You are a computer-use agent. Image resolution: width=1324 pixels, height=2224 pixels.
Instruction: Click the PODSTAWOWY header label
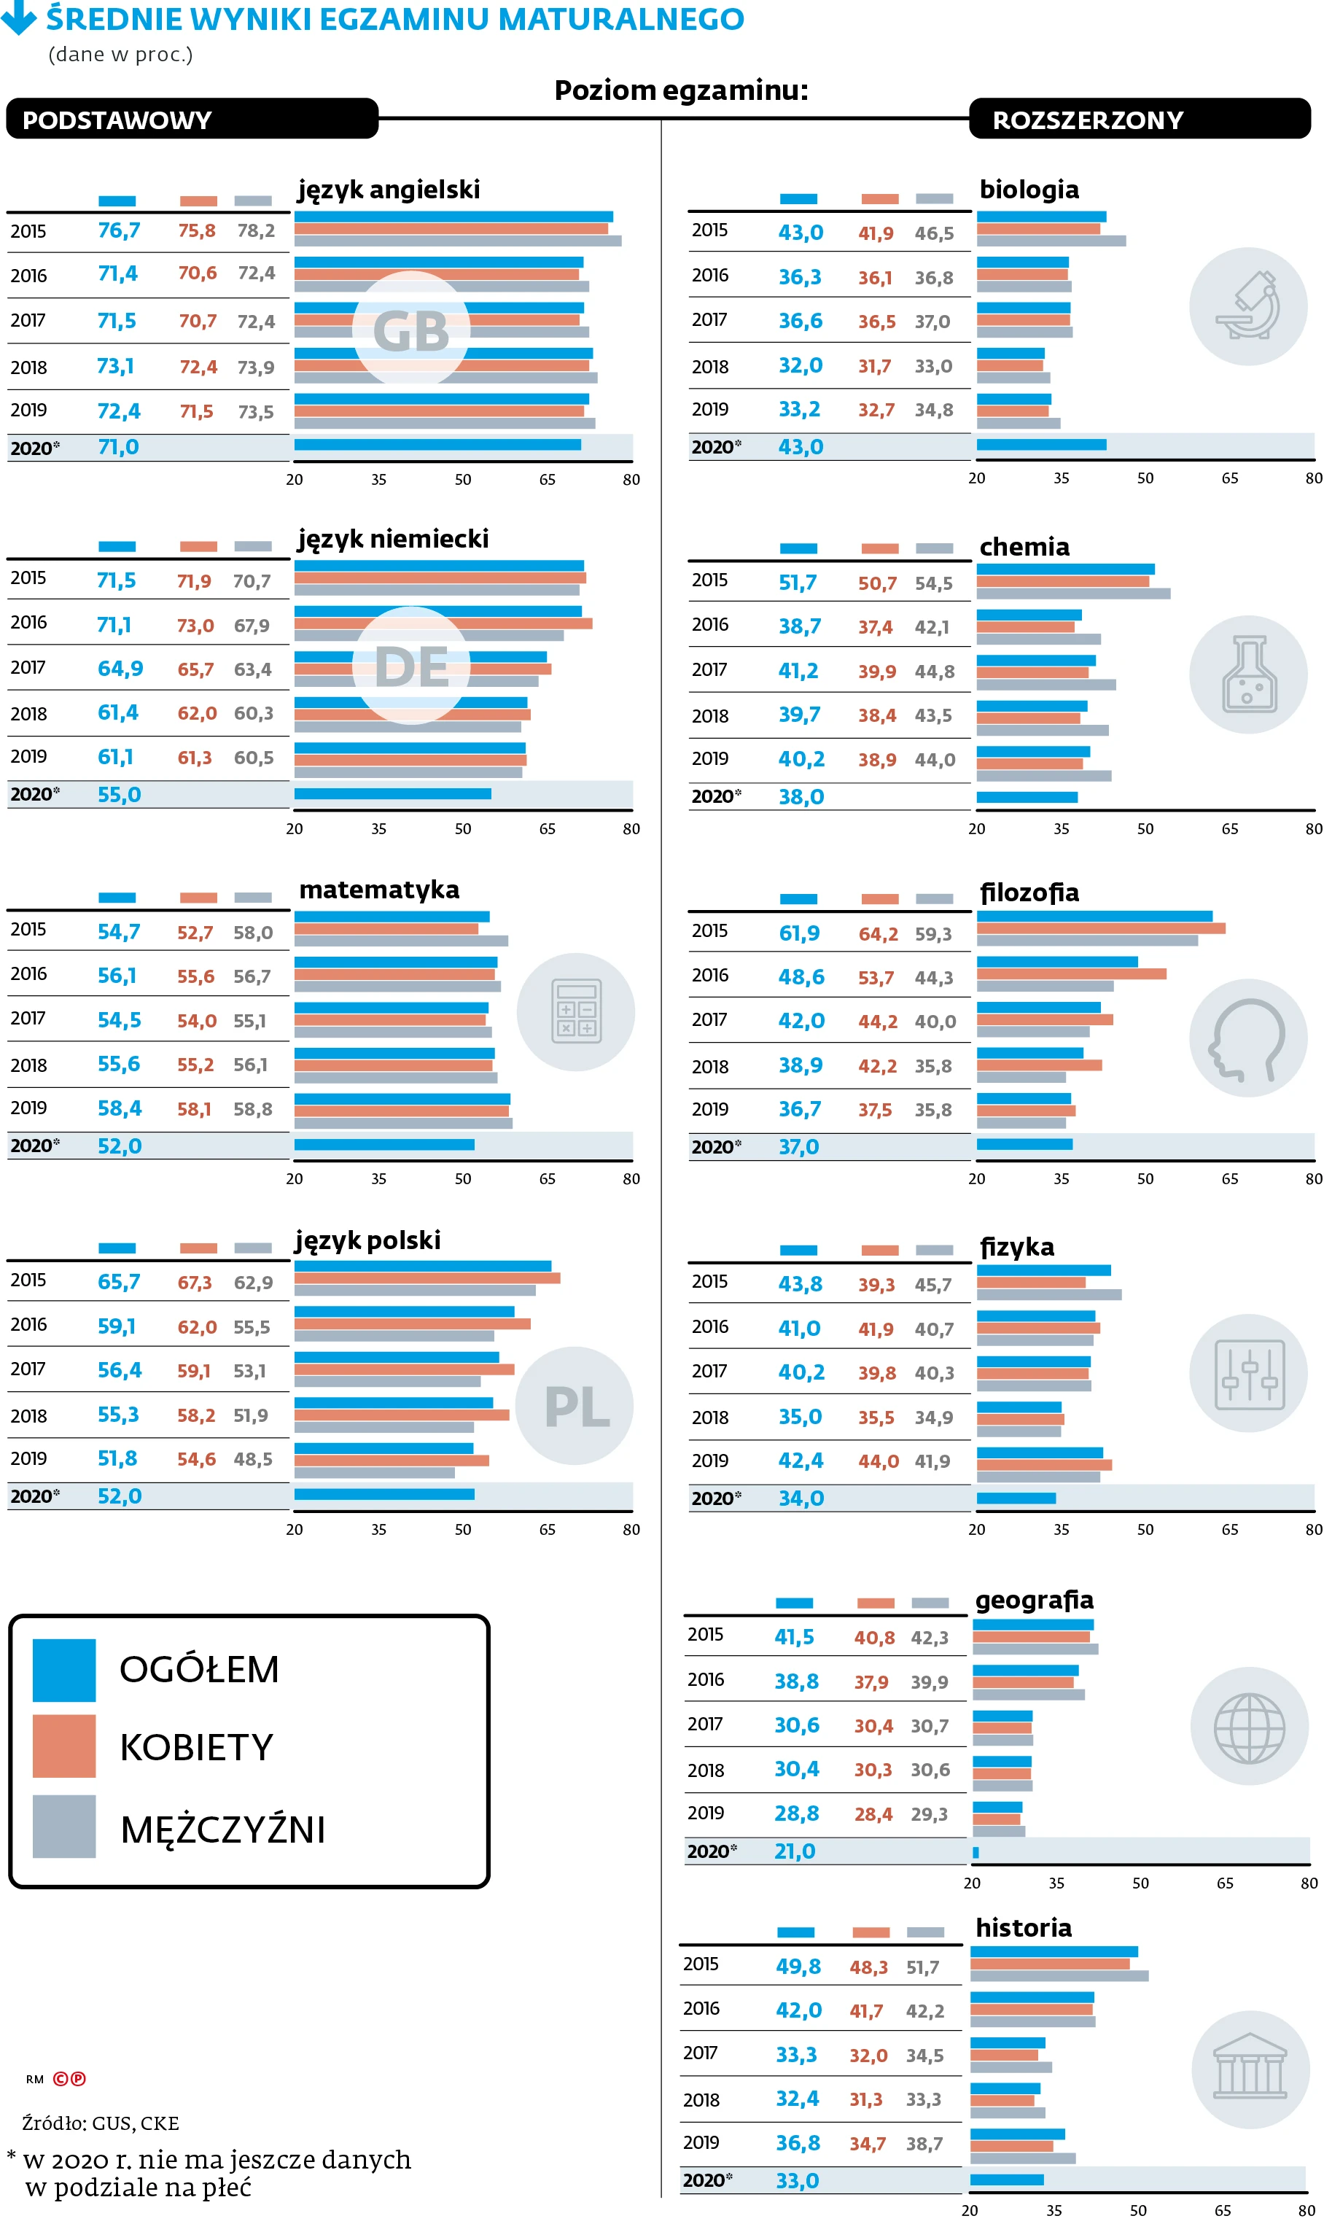(117, 120)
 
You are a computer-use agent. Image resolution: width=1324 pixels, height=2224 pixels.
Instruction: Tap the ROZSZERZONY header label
(1088, 120)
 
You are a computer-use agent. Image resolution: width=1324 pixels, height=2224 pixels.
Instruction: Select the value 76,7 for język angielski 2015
(119, 231)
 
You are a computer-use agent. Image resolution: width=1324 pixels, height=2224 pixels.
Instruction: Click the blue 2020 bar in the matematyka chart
(384, 1145)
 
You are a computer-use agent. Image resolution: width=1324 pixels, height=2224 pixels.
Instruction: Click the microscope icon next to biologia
(1248, 306)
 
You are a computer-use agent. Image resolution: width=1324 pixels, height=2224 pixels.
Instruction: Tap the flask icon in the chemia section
(1248, 674)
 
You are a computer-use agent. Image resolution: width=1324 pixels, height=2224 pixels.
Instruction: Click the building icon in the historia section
(1250, 2069)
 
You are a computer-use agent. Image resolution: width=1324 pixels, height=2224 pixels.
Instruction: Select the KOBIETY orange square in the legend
(64, 1746)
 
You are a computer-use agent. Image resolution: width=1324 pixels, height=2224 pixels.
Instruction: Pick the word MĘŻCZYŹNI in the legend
(223, 1830)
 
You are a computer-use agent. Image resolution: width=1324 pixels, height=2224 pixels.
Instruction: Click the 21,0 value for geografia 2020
(795, 1851)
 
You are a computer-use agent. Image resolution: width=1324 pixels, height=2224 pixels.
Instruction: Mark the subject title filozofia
(1029, 892)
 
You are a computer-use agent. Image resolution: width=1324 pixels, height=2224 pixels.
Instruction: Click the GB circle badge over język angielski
(411, 331)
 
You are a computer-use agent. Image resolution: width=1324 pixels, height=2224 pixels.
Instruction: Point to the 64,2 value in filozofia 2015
(878, 934)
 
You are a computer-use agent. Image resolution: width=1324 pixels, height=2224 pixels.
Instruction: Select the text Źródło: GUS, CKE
(101, 2123)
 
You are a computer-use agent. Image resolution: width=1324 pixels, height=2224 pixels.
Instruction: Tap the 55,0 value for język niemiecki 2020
(120, 795)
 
